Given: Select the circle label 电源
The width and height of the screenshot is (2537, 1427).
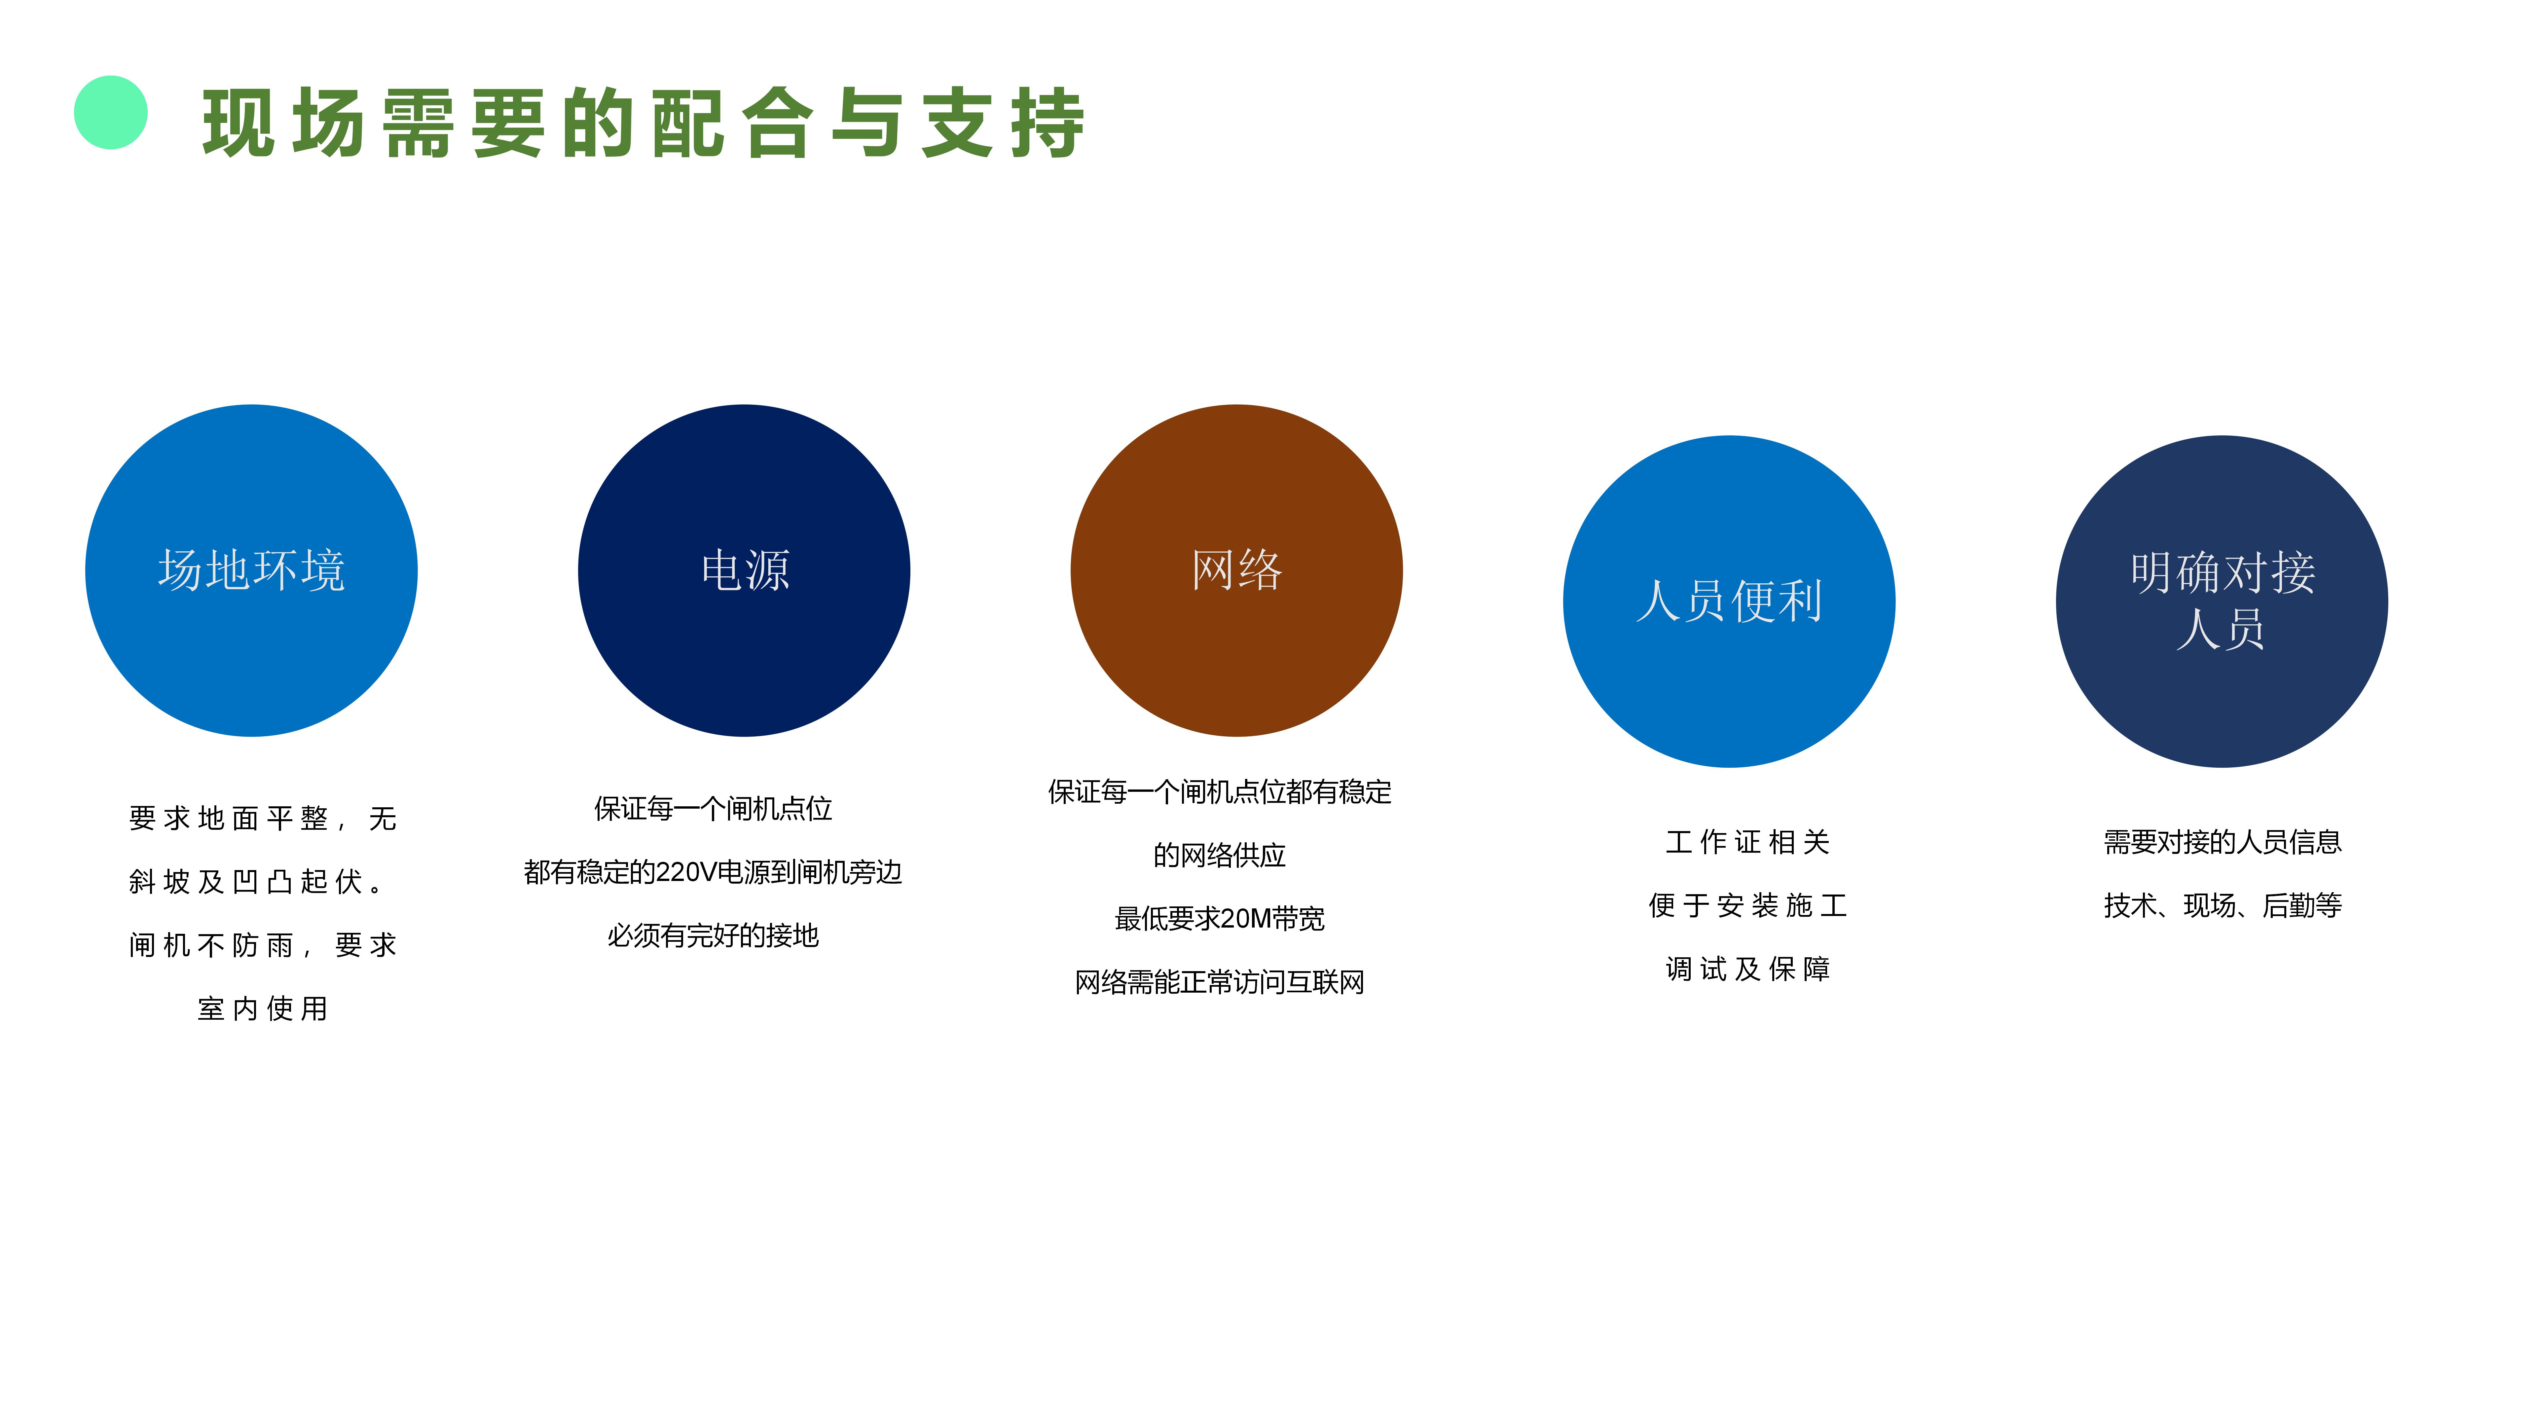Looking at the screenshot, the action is point(745,570).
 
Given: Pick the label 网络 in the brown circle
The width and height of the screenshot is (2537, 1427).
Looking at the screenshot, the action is point(1237,570).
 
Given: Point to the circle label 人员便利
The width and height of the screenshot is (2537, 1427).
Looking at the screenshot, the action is point(1729,601).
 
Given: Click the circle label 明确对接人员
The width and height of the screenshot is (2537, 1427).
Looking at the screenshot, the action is point(2222,601).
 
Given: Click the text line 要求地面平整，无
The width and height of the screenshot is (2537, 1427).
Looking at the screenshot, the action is point(263,819).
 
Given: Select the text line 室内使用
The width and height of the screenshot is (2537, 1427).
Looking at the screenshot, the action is point(263,1008).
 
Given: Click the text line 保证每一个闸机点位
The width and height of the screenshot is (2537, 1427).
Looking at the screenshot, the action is point(713,809).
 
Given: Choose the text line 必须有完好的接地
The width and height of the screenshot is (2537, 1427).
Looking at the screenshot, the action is point(713,935).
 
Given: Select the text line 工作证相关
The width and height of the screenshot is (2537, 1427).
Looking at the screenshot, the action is point(1748,842).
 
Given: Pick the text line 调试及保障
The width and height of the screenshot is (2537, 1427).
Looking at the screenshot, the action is point(1748,969).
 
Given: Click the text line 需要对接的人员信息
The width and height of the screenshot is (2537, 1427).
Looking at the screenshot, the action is point(2223,842).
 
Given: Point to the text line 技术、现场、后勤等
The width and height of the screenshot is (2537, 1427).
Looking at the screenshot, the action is point(2223,905).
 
